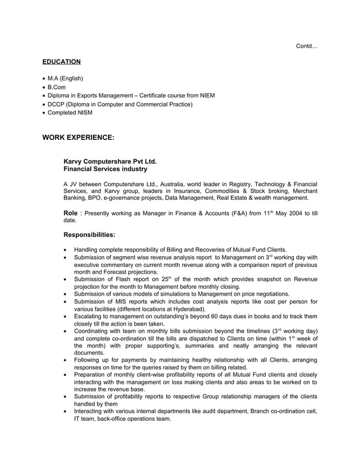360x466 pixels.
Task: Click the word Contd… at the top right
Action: (306, 46)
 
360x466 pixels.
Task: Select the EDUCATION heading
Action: (62, 61)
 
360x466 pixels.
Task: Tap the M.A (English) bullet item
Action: (65, 78)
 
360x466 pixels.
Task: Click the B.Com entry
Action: (57, 87)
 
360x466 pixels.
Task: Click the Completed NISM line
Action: (70, 113)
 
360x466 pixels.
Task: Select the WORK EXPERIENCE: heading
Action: (78, 137)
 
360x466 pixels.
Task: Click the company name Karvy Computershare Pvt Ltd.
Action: (110, 161)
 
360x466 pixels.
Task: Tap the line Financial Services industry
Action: (106, 169)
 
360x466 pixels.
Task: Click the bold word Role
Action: (71, 213)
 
